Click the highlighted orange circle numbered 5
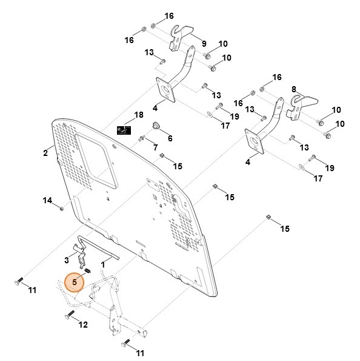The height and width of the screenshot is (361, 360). click(x=75, y=282)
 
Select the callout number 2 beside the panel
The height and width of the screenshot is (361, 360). click(x=45, y=153)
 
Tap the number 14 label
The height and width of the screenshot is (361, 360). click(x=47, y=201)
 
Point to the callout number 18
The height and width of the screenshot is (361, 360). click(x=139, y=115)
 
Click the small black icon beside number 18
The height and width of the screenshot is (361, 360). click(x=124, y=129)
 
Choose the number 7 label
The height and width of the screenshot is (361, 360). click(x=155, y=148)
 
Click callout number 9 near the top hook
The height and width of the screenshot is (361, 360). click(x=204, y=43)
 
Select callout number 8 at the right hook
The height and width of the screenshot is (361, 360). click(x=294, y=89)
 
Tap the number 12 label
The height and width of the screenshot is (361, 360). click(x=83, y=325)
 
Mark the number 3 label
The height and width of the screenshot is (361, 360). click(x=66, y=260)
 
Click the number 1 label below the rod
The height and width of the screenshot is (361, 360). click(x=103, y=265)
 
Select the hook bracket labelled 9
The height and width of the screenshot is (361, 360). click(x=181, y=36)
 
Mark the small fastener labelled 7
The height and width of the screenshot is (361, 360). click(x=141, y=139)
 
